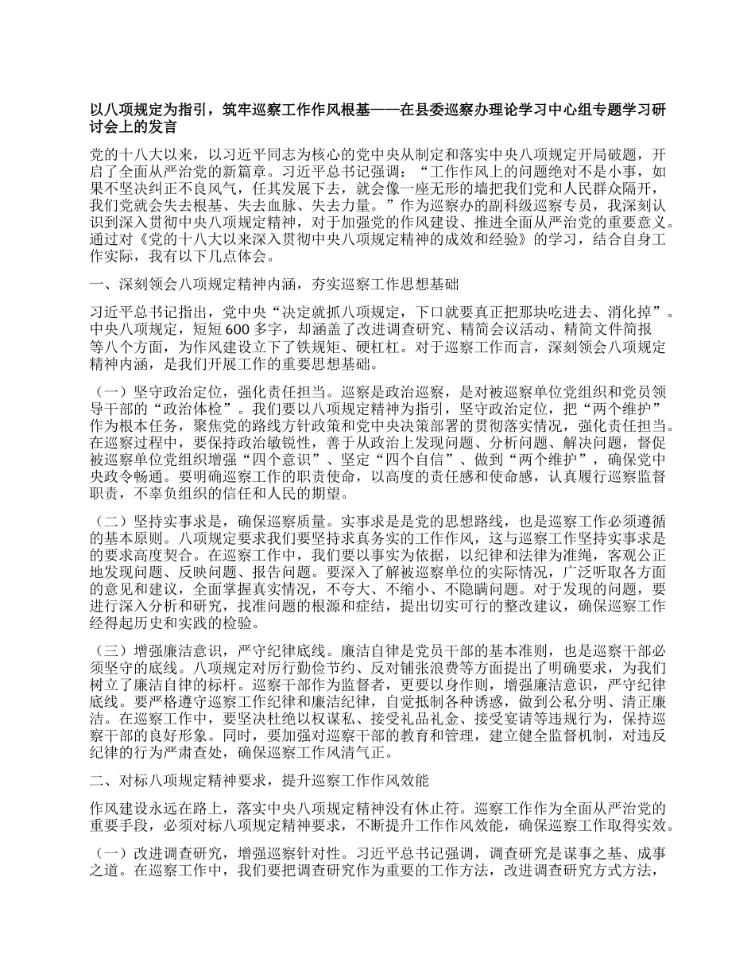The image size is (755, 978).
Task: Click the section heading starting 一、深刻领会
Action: point(274,284)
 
